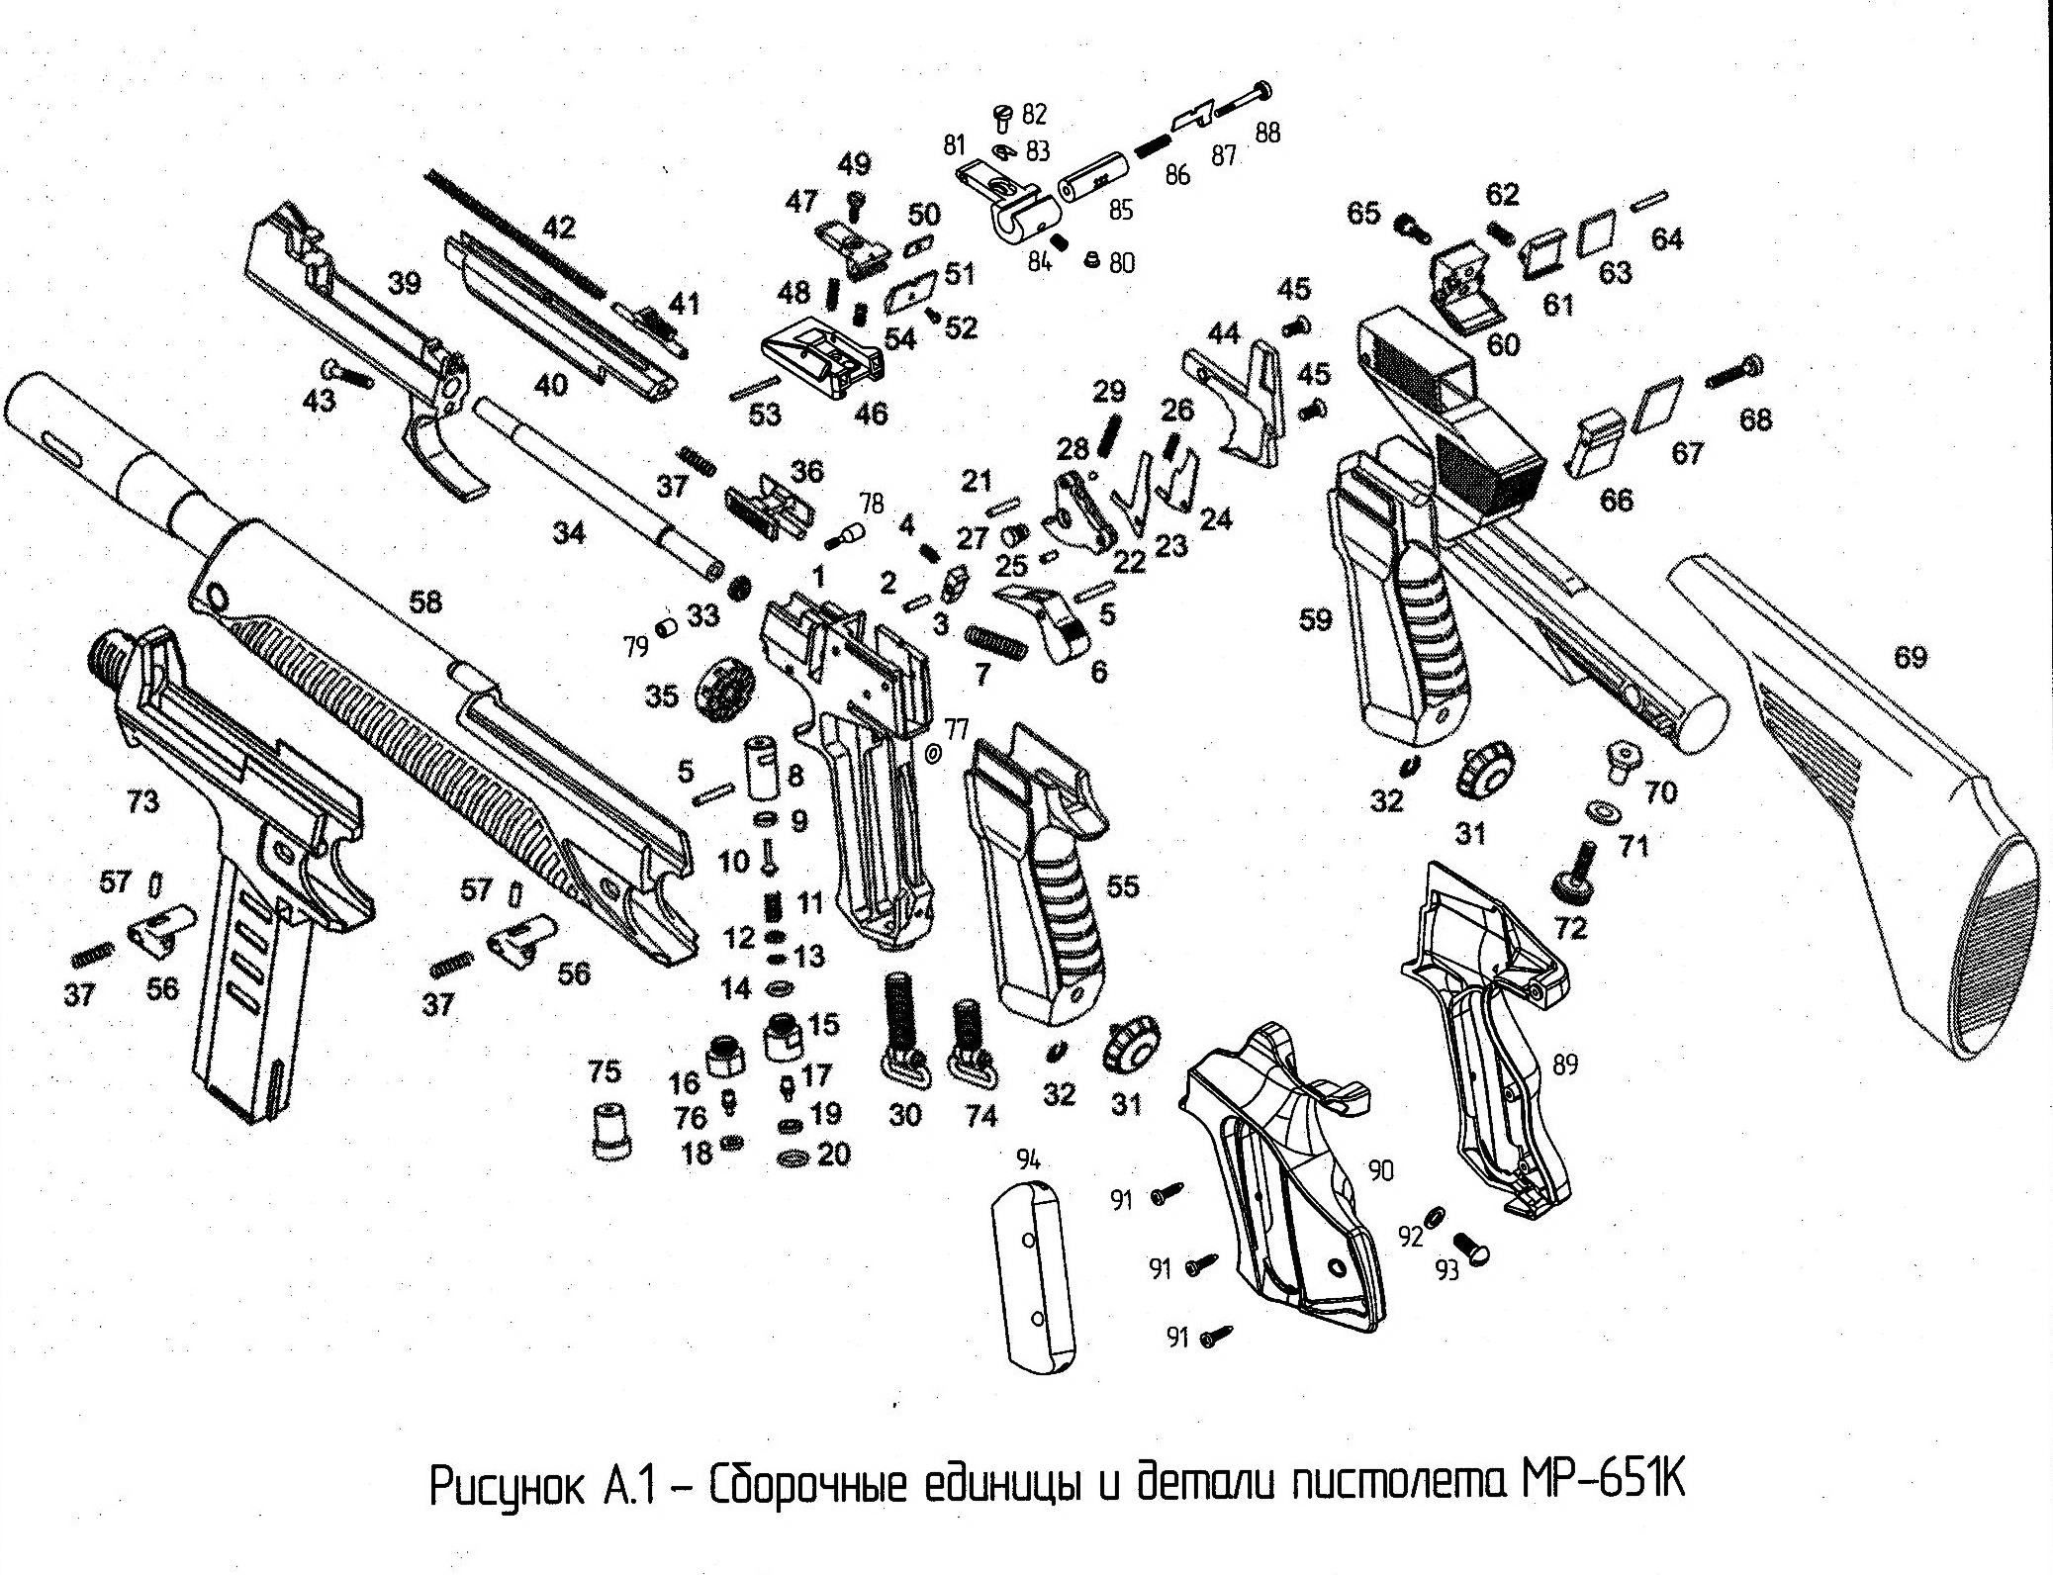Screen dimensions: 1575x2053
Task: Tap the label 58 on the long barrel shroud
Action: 426,602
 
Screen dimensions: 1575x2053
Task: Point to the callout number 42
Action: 558,229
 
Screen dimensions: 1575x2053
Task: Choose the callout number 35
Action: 662,695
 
